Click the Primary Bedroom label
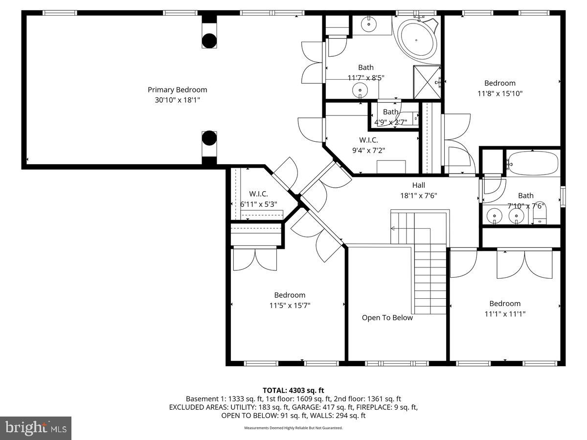pos(177,89)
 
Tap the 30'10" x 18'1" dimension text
pos(177,100)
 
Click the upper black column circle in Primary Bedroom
pos(209,40)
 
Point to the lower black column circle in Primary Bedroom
pos(209,138)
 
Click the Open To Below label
pos(387,318)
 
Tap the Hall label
pos(418,185)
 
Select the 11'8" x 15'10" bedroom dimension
pos(500,93)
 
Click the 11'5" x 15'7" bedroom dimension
pos(290,306)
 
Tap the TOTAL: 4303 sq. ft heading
pos(293,390)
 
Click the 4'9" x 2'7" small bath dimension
pos(390,122)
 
